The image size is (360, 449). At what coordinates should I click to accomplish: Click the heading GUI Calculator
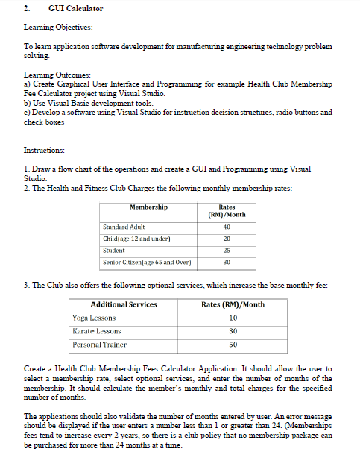[75, 9]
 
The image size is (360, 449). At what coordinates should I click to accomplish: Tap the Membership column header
[148, 207]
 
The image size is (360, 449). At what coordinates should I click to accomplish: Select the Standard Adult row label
[124, 227]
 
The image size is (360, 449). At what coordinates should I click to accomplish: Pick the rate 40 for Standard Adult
[227, 227]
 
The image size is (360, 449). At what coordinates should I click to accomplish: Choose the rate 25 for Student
[227, 251]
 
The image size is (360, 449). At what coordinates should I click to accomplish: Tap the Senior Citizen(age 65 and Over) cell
[147, 263]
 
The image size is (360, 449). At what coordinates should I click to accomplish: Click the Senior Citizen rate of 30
[227, 263]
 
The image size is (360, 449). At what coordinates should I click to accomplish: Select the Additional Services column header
[124, 304]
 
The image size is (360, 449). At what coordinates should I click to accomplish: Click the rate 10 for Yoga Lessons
[233, 318]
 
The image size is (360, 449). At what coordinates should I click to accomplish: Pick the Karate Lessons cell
[97, 331]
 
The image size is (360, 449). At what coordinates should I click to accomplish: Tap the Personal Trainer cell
[99, 345]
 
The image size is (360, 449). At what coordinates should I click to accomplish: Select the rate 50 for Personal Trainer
[233, 345]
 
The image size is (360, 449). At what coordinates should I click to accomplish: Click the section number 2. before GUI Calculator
[27, 9]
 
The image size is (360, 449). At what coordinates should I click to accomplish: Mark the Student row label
[114, 251]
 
